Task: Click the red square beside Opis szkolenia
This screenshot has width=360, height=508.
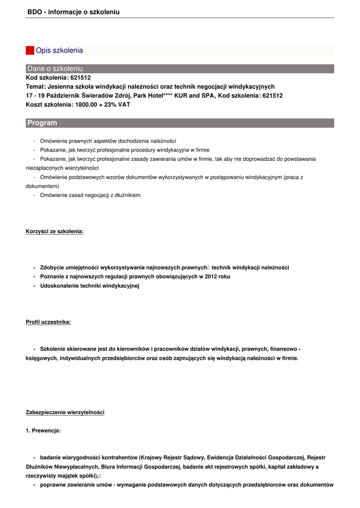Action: click(30, 51)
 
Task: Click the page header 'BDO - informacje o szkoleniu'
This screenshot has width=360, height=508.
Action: click(73, 12)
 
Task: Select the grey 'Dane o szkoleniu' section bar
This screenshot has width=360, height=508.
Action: click(180, 68)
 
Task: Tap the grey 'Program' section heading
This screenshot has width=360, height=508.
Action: click(180, 123)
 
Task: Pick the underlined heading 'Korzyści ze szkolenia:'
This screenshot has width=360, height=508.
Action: click(55, 232)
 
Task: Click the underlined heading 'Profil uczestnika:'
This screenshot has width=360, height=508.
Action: click(48, 322)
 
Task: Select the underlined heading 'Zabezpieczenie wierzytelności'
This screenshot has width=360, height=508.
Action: click(65, 413)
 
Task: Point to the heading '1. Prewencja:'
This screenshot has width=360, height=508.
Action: click(43, 431)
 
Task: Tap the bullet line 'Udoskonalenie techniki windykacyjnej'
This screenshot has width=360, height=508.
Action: click(90, 286)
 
